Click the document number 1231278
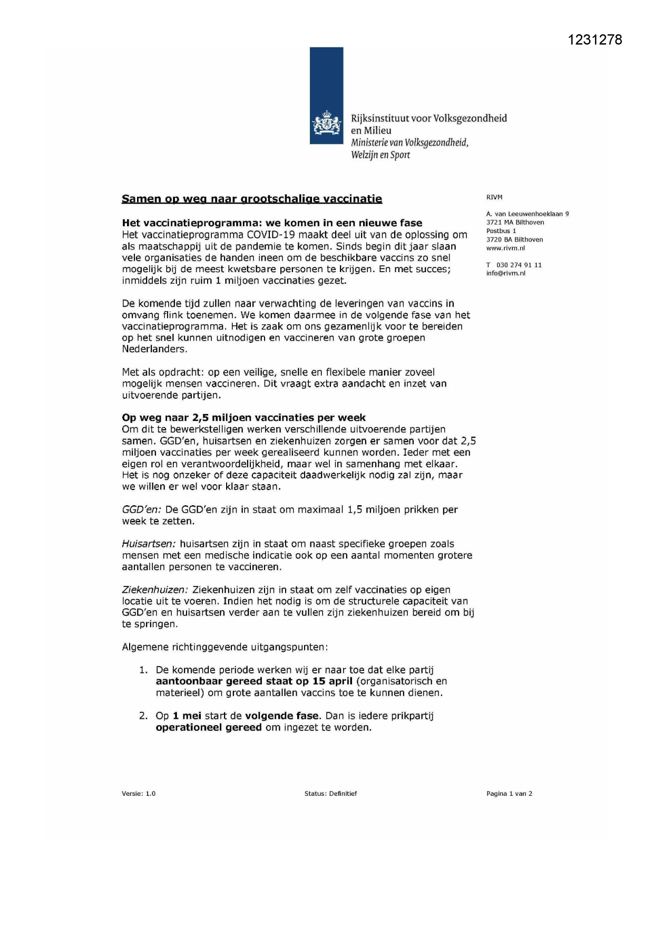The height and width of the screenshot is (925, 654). click(x=595, y=40)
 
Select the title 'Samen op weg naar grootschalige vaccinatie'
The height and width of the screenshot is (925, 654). click(x=252, y=199)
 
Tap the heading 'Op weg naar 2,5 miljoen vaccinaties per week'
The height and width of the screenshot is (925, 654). click(x=243, y=418)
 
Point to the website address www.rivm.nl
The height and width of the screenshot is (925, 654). click(x=505, y=248)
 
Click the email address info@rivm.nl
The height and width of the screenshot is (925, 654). click(x=505, y=273)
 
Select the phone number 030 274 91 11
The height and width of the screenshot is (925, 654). click(x=519, y=265)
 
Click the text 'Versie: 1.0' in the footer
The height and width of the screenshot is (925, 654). click(x=139, y=793)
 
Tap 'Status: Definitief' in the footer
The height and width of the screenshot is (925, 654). click(x=330, y=793)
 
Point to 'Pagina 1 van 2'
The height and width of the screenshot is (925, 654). click(x=509, y=793)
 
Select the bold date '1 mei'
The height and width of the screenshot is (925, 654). click(x=187, y=716)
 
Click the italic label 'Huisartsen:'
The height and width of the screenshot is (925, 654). click(x=149, y=544)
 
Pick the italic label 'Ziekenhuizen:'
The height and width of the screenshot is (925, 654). click(x=155, y=590)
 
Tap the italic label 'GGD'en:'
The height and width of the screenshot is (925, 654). click(x=141, y=509)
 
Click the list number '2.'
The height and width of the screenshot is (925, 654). click(x=143, y=716)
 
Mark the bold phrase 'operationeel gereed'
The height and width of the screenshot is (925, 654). click(x=209, y=727)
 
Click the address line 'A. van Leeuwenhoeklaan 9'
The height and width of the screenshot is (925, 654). click(x=528, y=214)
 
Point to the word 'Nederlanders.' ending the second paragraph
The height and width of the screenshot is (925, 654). click(x=154, y=349)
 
